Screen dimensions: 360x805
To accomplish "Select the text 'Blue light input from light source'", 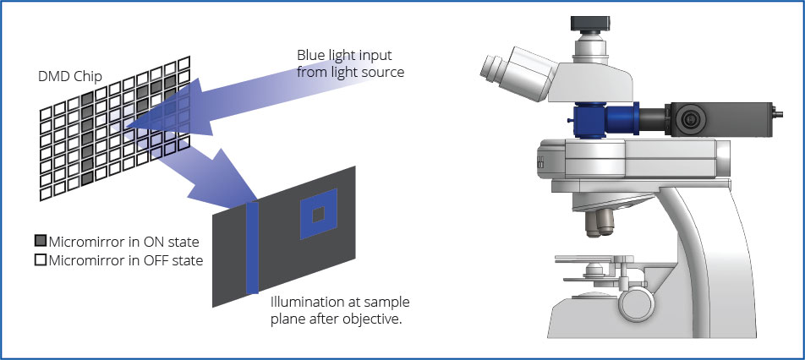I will coord(350,63).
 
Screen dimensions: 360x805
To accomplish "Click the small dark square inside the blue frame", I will coord(318,216).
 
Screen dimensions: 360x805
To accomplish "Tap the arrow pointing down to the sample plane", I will coord(203,177).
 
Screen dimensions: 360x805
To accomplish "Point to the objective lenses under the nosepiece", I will coord(600,222).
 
